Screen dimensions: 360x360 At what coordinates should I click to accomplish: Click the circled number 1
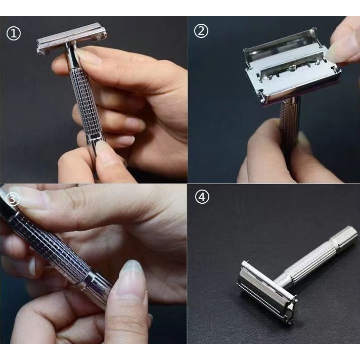(x=14, y=33)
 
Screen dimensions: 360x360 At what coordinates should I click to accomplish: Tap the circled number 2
(x=201, y=31)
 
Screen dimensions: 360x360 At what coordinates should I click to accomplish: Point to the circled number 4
(x=202, y=197)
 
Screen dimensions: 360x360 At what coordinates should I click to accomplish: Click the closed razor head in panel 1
(x=71, y=38)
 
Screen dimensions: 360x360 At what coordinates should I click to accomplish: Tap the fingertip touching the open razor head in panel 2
(x=341, y=48)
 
